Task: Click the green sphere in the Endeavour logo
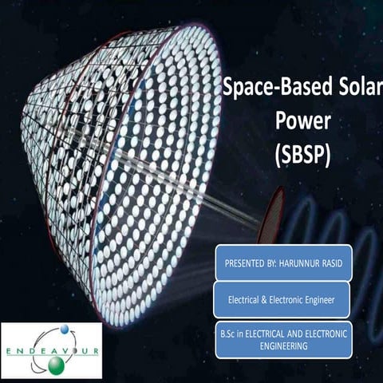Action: click(55, 365)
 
